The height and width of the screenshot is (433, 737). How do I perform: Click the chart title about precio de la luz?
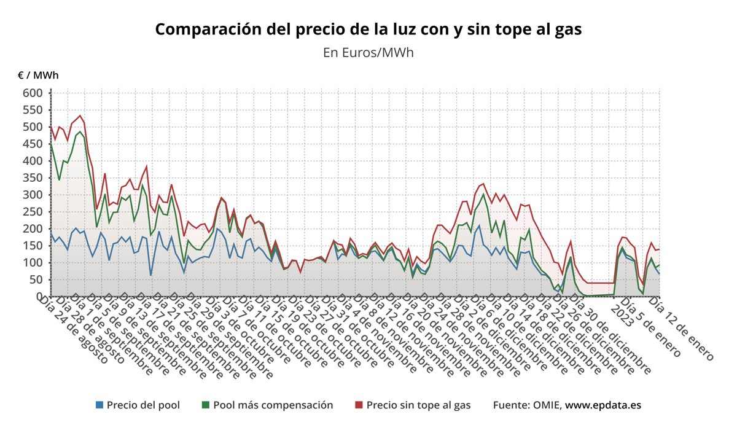[368, 29]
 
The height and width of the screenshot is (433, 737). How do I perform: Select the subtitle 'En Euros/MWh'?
[368, 53]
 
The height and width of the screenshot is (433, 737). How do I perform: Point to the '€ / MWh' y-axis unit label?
[38, 76]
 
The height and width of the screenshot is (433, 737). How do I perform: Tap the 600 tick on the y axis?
[33, 93]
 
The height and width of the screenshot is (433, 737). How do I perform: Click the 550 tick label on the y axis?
[33, 110]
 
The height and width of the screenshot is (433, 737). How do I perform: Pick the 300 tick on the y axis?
[33, 195]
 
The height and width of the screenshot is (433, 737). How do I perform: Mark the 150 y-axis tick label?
[33, 246]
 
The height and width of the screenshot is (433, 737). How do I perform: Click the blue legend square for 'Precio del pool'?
[99, 405]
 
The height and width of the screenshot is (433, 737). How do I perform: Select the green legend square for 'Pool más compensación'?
[206, 405]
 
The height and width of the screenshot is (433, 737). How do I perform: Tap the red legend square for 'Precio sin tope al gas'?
[359, 405]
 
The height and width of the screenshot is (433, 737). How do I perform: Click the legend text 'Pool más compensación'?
[273, 405]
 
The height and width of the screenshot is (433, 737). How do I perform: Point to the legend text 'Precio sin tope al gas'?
[418, 405]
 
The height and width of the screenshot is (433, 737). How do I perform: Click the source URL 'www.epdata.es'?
[603, 405]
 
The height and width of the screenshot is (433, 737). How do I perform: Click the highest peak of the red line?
[80, 115]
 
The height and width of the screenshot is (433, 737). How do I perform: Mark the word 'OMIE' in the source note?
[545, 405]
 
